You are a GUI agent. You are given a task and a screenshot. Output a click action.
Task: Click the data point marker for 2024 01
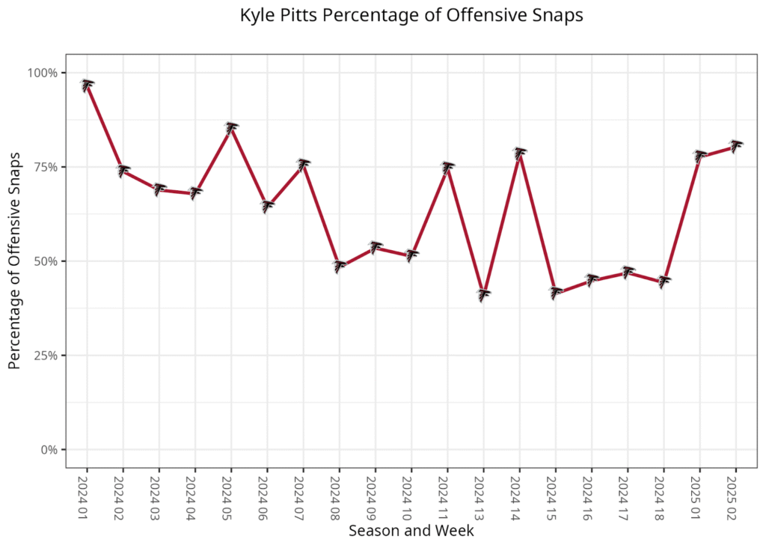(x=87, y=85)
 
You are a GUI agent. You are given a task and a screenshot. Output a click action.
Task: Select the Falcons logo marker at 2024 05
(x=231, y=127)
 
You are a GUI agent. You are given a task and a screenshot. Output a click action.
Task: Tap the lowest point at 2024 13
(x=483, y=294)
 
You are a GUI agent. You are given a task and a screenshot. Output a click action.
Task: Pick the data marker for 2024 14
(x=519, y=153)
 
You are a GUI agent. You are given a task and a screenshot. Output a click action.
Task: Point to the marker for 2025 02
(x=735, y=145)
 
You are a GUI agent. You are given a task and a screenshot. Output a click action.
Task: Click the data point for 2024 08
(x=340, y=266)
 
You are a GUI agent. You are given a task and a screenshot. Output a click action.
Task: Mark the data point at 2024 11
(x=447, y=168)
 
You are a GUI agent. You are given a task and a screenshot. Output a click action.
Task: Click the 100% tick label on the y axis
(x=43, y=73)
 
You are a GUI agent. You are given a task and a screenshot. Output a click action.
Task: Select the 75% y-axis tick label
(x=45, y=167)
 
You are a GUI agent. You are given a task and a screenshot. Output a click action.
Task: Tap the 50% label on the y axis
(x=45, y=261)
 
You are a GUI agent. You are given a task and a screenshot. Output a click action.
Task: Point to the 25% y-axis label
(x=45, y=356)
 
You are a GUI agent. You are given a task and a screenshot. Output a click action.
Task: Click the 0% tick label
(x=48, y=450)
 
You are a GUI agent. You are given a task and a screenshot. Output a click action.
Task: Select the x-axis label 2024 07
(x=304, y=495)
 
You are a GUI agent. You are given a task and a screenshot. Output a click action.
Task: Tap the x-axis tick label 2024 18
(x=664, y=495)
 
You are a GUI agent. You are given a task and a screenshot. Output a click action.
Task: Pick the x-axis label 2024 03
(x=159, y=495)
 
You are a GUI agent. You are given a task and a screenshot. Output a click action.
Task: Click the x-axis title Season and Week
(x=411, y=531)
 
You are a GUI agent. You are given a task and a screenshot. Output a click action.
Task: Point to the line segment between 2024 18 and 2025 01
(x=681, y=217)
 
